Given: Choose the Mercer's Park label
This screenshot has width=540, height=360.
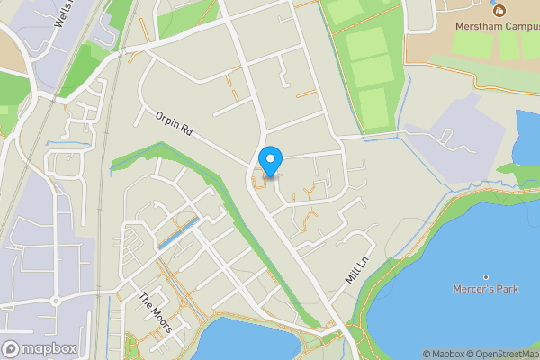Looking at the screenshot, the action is click(x=485, y=291).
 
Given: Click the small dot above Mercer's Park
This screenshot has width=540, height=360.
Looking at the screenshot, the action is click(x=485, y=276).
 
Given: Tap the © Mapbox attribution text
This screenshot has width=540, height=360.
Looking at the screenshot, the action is click(x=443, y=354).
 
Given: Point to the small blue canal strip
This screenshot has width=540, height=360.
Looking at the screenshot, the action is click(x=178, y=232).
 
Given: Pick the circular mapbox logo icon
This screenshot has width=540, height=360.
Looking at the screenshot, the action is click(x=12, y=349).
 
